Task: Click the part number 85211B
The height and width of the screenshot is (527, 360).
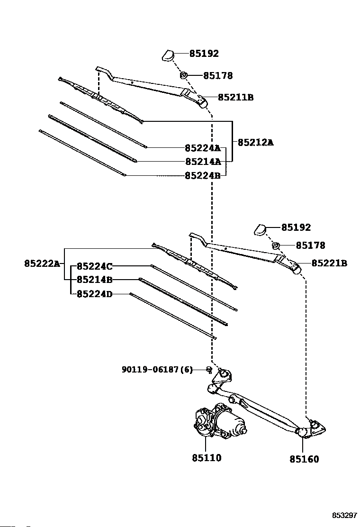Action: pos(236,98)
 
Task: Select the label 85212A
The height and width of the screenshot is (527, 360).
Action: pos(256,143)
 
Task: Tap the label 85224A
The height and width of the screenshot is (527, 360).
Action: pos(203,148)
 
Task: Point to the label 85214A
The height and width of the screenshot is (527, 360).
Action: pos(203,162)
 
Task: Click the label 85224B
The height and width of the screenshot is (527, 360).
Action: pos(203,175)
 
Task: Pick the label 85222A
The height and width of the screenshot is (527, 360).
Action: pos(42,263)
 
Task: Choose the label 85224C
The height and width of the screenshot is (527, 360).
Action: pos(95,266)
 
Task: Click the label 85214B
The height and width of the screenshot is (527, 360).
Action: pos(95,280)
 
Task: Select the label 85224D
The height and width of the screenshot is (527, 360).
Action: pos(95,294)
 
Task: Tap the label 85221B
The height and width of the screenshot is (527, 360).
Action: pos(329,263)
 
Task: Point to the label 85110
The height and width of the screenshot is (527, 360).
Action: pos(207,458)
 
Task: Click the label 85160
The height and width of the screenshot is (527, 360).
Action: pos(304,459)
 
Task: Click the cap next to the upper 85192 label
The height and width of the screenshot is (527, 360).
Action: pos(168,55)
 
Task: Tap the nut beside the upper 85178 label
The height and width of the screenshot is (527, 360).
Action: pos(184,75)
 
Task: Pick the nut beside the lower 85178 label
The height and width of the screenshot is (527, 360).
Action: pos(276,245)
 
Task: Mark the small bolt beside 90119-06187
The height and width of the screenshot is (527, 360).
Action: pos(209,370)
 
